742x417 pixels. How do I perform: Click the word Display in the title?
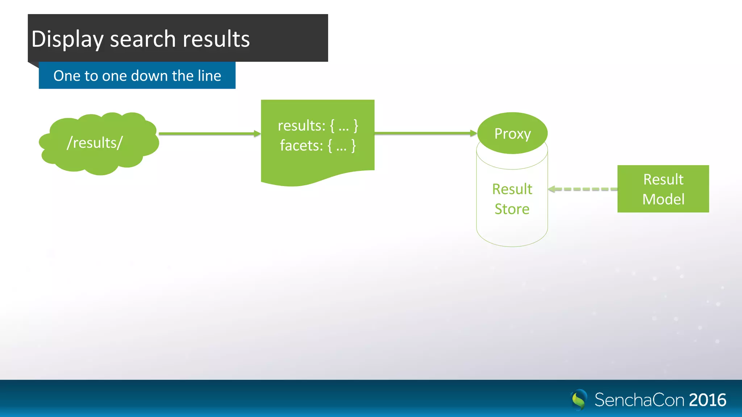67,39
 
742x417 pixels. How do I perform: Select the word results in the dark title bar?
216,39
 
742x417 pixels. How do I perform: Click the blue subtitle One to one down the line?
137,76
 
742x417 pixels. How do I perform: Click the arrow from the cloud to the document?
209,134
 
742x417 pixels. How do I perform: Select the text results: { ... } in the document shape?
318,126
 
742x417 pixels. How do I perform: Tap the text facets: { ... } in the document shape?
318,146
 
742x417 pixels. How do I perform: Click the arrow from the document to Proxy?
425,133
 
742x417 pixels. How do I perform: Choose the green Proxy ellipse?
512,133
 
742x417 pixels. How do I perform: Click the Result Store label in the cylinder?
512,199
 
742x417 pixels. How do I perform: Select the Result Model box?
663,189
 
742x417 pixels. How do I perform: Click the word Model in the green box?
663,199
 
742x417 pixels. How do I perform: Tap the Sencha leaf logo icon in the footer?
579,400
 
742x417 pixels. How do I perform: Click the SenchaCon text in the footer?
639,400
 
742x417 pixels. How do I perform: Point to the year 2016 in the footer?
708,400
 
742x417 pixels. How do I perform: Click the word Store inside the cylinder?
512,209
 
